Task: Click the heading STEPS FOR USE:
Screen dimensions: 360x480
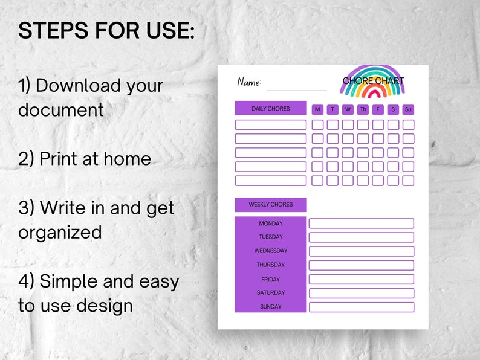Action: [x=106, y=31]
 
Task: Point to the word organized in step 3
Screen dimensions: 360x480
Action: [x=60, y=232]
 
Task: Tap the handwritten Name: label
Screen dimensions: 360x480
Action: [x=249, y=82]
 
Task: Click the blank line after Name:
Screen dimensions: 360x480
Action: [x=296, y=89]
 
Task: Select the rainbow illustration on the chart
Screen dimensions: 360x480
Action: [x=372, y=81]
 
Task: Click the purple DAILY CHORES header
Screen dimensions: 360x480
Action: [x=270, y=109]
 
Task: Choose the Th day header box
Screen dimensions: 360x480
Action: [x=363, y=109]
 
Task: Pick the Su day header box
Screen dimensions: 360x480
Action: [x=408, y=109]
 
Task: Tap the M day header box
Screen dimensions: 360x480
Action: [x=317, y=109]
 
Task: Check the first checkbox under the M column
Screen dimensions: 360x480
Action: [x=317, y=124]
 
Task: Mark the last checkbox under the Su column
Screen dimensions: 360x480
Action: [x=408, y=180]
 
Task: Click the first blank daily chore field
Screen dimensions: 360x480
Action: [x=270, y=124]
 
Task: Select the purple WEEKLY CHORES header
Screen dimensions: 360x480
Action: [x=270, y=205]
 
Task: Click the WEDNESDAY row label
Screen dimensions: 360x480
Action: [x=270, y=251]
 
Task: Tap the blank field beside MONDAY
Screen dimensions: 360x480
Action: [x=361, y=223]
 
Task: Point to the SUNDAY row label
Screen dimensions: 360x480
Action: [x=270, y=307]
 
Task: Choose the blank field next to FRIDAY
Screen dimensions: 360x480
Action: [x=361, y=279]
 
